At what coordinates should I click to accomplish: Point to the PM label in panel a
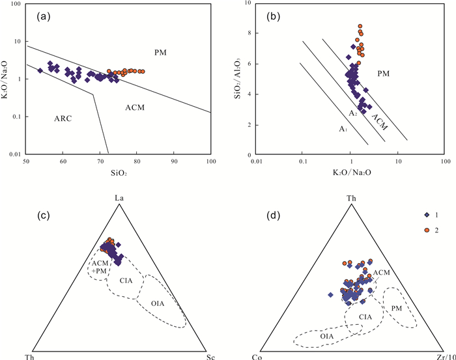(x=161, y=51)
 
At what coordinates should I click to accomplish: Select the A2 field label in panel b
(x=352, y=114)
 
